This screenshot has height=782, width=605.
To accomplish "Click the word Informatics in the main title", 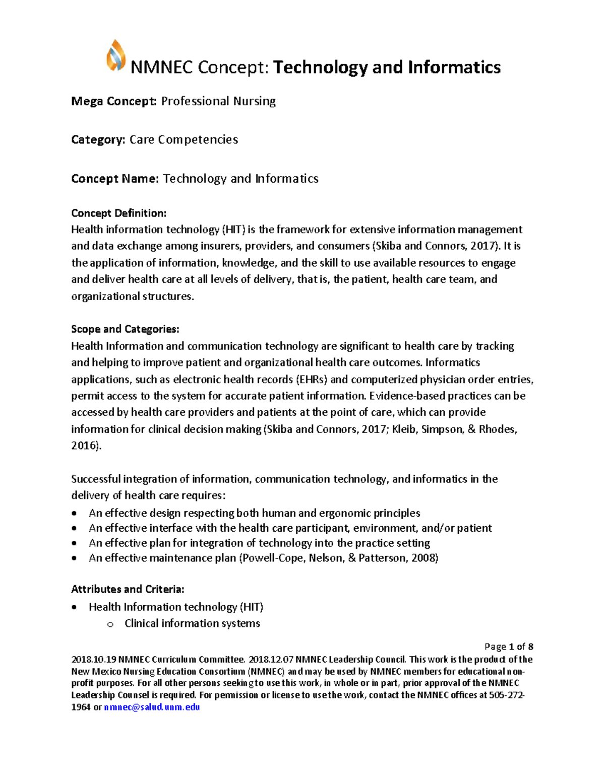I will point(454,67).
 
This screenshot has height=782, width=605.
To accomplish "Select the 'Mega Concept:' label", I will point(114,101).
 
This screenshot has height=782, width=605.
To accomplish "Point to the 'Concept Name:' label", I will point(115,179).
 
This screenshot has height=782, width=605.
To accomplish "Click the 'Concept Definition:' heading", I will point(118,213).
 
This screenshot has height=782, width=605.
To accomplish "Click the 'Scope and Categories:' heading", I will point(125,329).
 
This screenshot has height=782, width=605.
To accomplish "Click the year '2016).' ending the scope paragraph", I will point(86,446).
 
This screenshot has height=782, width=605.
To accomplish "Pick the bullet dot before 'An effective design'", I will point(75,514).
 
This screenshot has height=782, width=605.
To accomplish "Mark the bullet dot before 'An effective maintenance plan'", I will point(75,558).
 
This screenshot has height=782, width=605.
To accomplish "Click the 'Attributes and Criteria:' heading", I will point(128,589).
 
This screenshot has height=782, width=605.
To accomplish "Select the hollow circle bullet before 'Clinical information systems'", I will point(110,624).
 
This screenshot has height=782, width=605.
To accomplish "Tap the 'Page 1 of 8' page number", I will point(509,647).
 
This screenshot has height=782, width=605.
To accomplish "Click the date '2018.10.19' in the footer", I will point(94,660).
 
